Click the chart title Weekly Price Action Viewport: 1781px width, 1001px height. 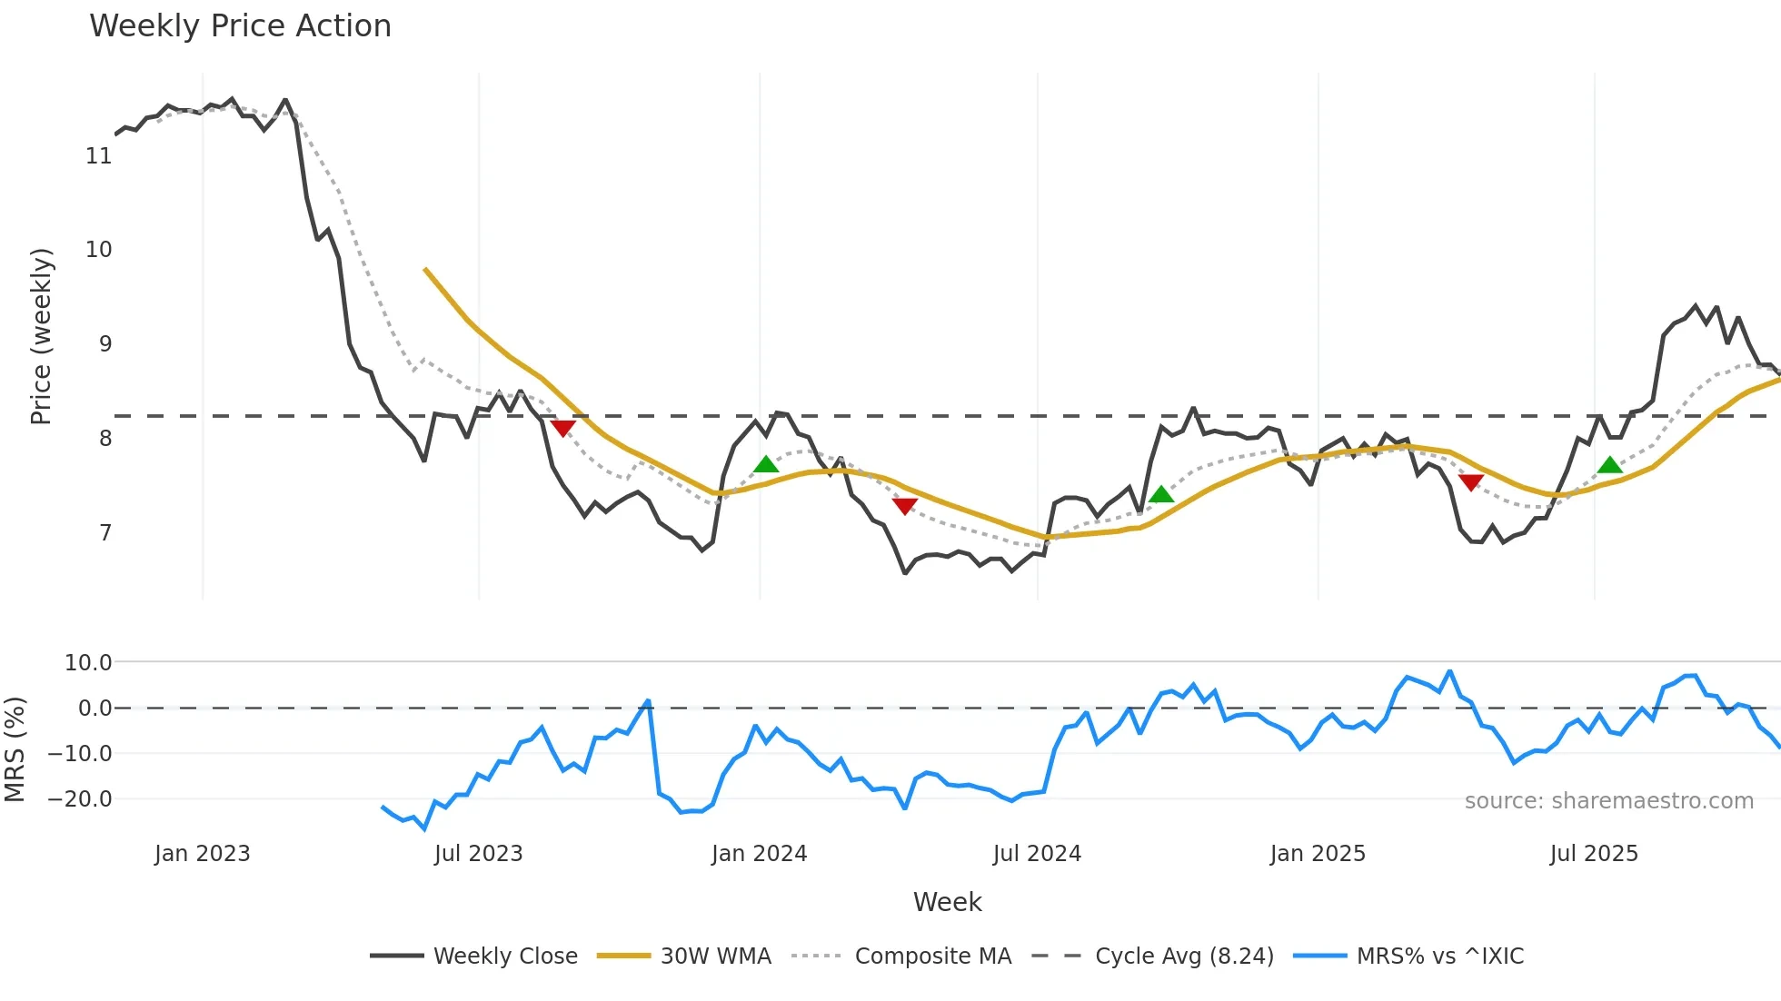point(240,26)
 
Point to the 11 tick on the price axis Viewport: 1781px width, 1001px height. point(99,156)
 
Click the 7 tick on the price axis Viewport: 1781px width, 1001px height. point(105,532)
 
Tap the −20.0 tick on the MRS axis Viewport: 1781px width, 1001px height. point(80,799)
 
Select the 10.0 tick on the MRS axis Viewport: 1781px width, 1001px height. point(88,662)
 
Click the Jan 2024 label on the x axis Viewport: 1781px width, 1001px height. point(759,854)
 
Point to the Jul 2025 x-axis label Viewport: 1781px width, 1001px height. point(1594,854)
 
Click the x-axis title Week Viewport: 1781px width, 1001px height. point(947,902)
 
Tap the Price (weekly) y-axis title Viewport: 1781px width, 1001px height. point(41,336)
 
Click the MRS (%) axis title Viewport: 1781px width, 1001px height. point(15,748)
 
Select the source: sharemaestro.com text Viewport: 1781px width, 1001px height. point(1608,801)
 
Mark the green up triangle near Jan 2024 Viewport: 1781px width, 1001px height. point(766,465)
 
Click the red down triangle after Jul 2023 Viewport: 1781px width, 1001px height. point(563,428)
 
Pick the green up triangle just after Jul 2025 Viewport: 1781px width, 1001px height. point(1610,465)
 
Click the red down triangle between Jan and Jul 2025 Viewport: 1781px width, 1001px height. point(1471,482)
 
